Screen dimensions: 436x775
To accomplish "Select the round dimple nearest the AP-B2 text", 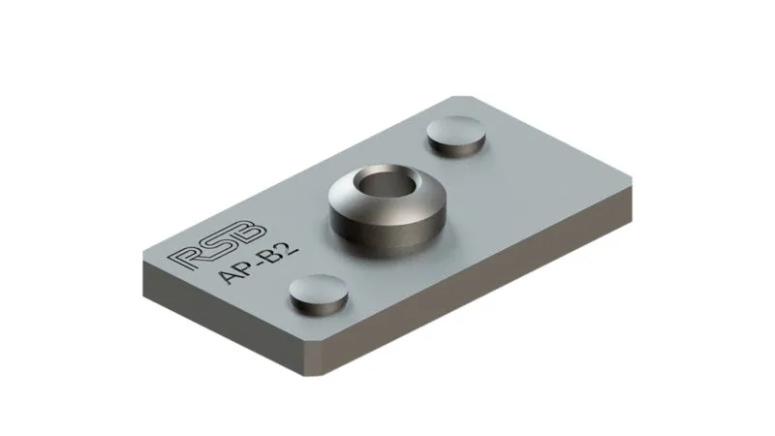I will point(319,292).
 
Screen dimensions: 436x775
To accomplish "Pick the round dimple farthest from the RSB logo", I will point(458,136).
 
